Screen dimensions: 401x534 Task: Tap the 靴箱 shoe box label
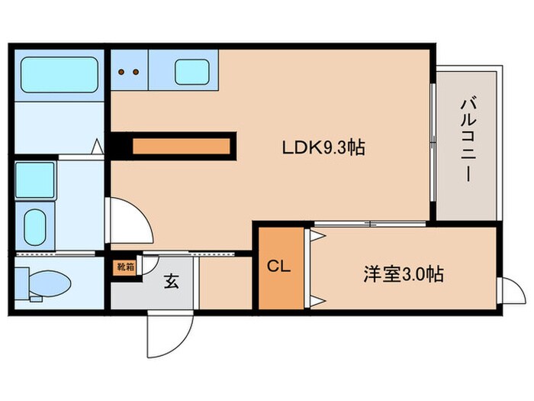pyautogui.click(x=125, y=267)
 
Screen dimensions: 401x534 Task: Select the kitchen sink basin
pyautogui.click(x=192, y=73)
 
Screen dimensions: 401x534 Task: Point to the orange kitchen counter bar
pyautogui.click(x=182, y=145)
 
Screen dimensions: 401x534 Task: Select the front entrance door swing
pyautogui.click(x=164, y=332)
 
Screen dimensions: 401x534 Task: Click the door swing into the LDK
pyautogui.click(x=128, y=222)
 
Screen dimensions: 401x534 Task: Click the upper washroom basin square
pyautogui.click(x=35, y=180)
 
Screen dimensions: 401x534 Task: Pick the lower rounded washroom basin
pyautogui.click(x=35, y=226)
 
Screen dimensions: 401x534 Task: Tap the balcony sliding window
pyautogui.click(x=433, y=145)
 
